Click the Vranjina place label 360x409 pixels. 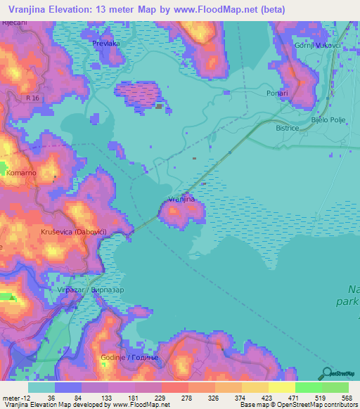(x=181, y=200)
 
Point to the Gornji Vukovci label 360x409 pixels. (x=317, y=45)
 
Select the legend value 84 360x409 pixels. (x=67, y=398)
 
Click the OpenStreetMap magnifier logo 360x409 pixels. (x=326, y=374)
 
